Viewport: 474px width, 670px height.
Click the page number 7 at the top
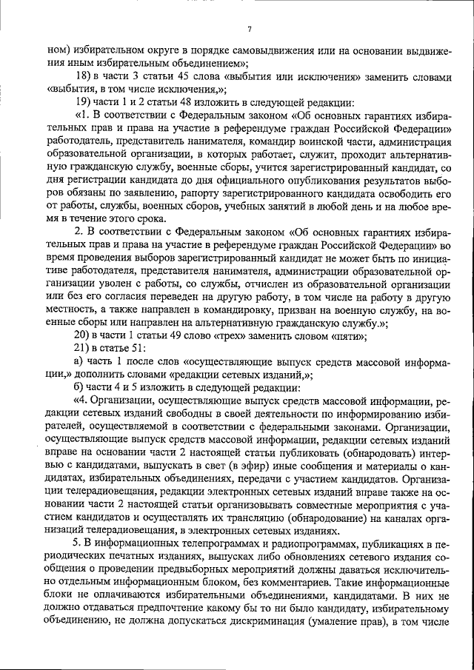pyautogui.click(x=250, y=29)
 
